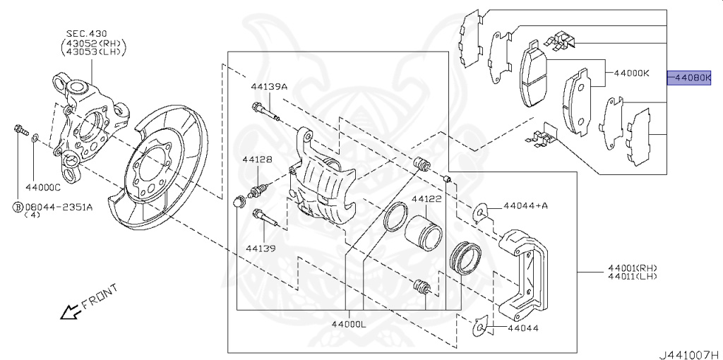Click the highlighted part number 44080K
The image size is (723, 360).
695,78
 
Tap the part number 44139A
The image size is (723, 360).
269,87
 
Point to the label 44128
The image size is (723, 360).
258,160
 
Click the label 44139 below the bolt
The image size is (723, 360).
261,248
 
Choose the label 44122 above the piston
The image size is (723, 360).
426,200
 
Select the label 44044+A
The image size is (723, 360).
525,206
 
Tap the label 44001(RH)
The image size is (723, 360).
632,268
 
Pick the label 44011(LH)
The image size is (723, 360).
632,277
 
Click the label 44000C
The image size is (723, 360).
42,188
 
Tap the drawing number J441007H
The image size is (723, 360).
689,353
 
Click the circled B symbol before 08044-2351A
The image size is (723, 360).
15,207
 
